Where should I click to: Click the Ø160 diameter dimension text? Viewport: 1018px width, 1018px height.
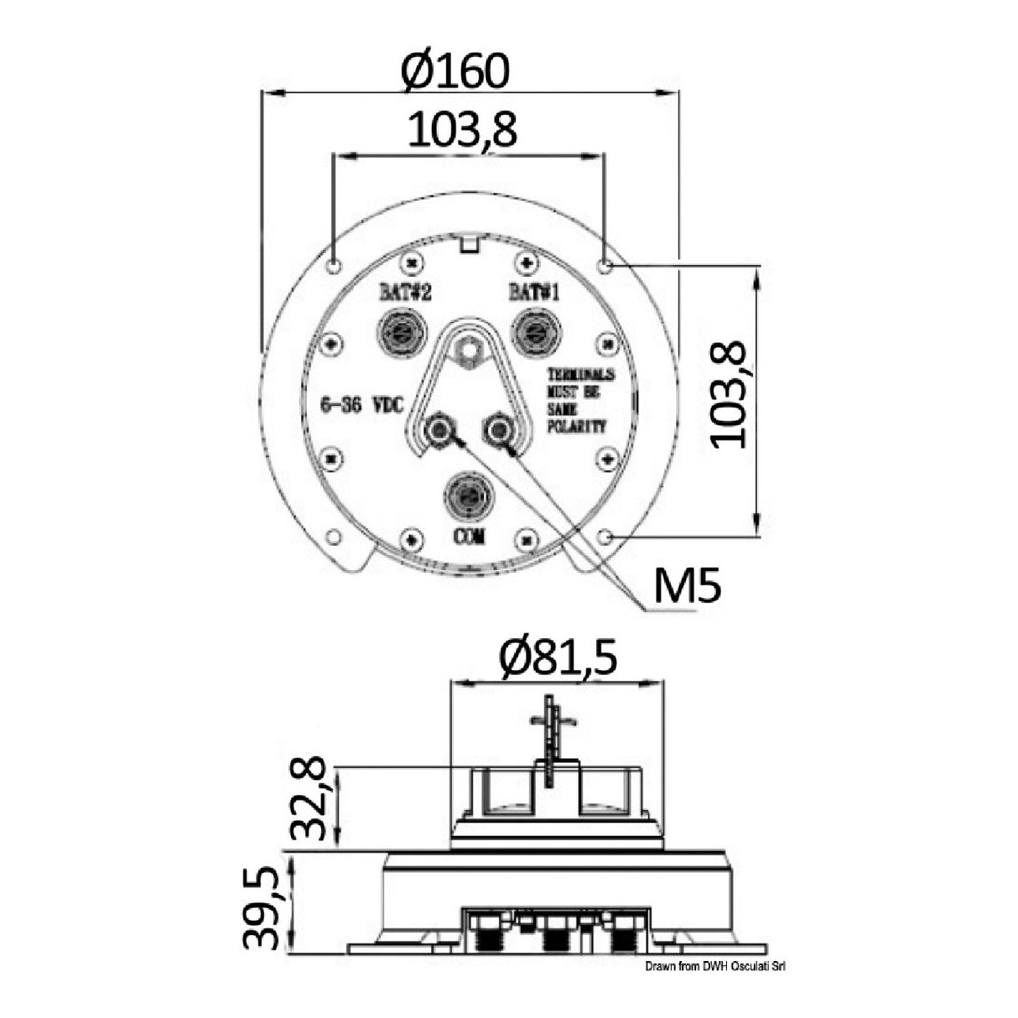click(x=454, y=71)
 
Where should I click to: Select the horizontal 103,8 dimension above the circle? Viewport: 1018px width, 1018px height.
click(x=462, y=130)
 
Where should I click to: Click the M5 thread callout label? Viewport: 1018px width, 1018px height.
click(x=687, y=589)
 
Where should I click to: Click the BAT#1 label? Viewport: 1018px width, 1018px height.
click(x=533, y=293)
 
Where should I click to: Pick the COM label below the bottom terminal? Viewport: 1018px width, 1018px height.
click(x=469, y=538)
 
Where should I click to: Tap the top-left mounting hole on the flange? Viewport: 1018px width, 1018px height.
click(x=334, y=267)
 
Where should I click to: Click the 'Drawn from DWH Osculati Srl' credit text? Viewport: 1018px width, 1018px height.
click(x=714, y=967)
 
